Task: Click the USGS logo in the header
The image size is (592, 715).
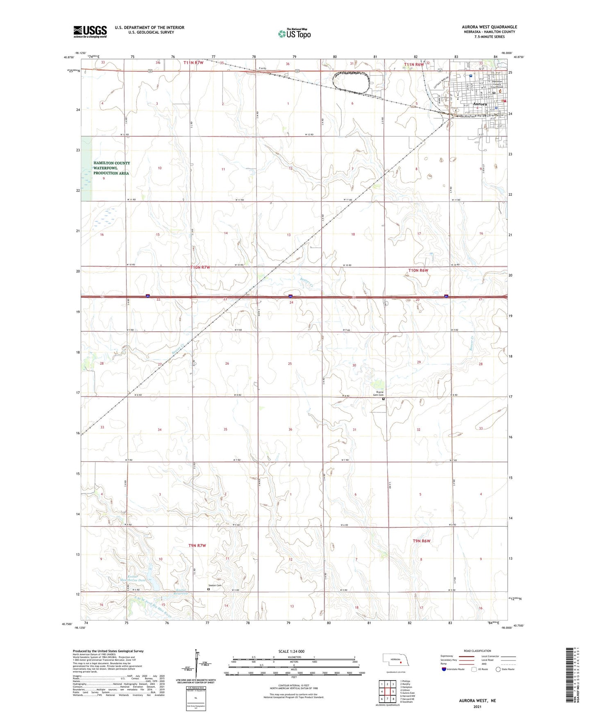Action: tap(90, 31)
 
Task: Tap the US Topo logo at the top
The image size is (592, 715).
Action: tap(294, 33)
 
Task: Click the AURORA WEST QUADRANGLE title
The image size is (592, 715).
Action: tap(489, 27)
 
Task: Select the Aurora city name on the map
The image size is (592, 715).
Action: tap(480, 104)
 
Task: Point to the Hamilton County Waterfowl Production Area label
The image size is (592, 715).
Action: tap(111, 168)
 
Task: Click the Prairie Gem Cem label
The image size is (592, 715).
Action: tap(378, 394)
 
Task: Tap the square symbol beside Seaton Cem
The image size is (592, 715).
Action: tap(209, 590)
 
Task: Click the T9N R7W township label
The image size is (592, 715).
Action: tap(197, 545)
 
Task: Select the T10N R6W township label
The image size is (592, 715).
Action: tap(418, 270)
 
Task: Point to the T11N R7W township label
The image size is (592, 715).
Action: tap(193, 63)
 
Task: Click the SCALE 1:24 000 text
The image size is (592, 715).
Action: tap(291, 651)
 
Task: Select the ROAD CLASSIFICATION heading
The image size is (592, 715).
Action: tap(477, 651)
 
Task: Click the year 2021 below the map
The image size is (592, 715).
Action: tap(477, 706)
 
